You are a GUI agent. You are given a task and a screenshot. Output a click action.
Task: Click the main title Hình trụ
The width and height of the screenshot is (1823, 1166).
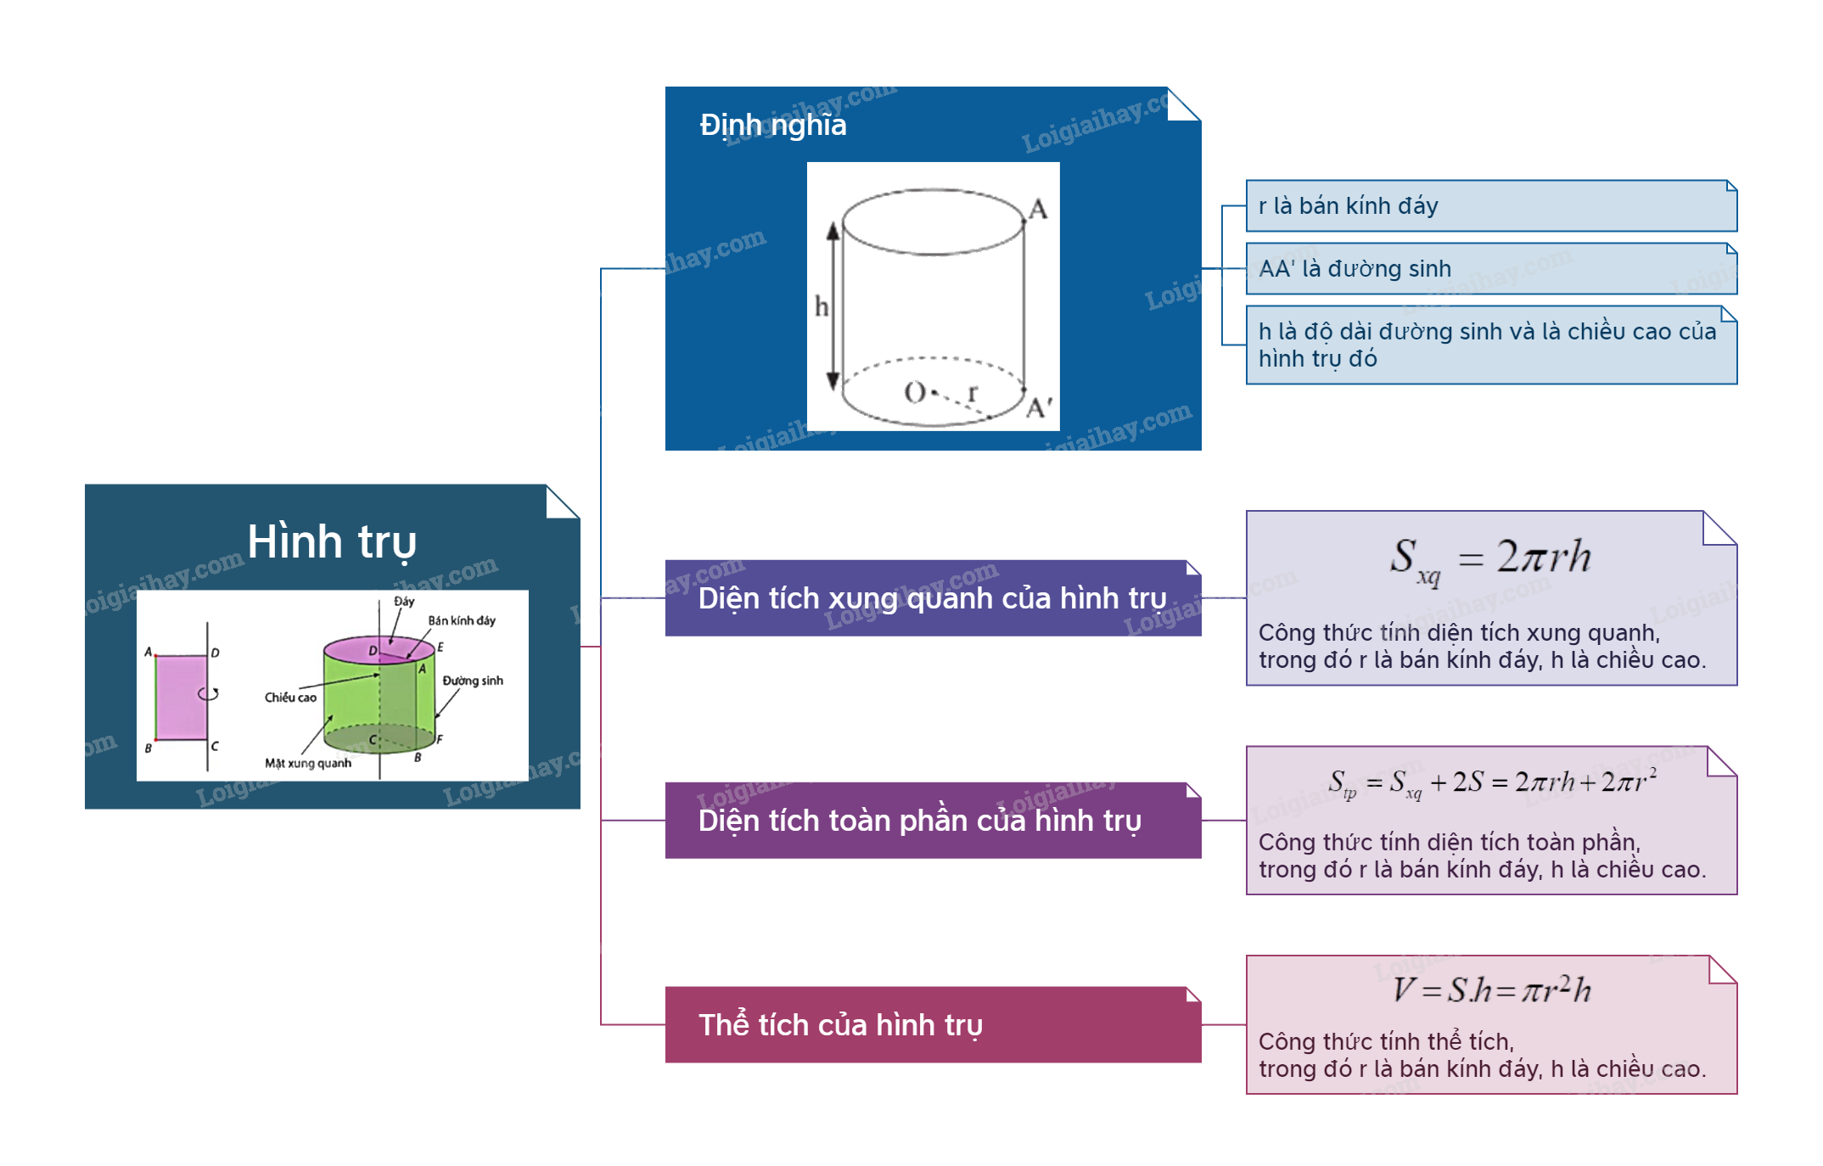click(332, 541)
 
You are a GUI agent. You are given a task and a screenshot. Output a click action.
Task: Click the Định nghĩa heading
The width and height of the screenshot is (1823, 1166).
click(772, 126)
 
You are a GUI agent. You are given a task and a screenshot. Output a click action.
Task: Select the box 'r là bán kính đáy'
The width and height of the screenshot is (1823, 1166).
click(1490, 205)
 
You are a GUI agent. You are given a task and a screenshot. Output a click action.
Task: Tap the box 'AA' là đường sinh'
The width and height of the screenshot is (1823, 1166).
click(1490, 268)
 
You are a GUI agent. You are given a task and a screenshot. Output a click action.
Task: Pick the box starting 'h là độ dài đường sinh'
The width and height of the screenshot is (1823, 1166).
click(1490, 345)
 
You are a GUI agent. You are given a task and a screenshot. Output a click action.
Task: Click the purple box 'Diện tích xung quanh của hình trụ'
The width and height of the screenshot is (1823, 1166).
click(932, 598)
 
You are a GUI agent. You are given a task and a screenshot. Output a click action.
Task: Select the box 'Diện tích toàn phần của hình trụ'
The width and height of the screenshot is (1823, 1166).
click(932, 821)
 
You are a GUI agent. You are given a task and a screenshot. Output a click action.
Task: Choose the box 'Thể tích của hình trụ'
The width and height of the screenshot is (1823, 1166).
click(932, 1025)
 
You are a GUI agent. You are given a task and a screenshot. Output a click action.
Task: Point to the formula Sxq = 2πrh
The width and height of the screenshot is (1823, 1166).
click(1490, 559)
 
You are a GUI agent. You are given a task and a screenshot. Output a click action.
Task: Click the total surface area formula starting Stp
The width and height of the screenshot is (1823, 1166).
click(1490, 782)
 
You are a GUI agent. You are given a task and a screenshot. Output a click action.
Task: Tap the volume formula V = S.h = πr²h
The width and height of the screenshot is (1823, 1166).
click(1490, 989)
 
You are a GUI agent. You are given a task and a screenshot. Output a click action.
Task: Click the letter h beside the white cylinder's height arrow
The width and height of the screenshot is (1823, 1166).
click(821, 306)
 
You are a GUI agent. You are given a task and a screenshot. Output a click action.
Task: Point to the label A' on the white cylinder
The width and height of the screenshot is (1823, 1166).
click(1039, 408)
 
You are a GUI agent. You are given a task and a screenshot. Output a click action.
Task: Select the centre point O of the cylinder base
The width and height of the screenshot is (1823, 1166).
click(915, 392)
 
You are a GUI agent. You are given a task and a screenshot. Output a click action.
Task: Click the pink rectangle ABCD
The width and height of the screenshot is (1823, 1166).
click(182, 697)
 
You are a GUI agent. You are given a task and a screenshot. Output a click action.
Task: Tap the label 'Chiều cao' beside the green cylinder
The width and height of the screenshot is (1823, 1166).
click(290, 698)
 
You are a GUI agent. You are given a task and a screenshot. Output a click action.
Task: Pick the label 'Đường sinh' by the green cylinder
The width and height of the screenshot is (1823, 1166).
click(473, 681)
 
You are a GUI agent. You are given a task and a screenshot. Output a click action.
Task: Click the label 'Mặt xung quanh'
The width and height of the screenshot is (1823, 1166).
click(308, 763)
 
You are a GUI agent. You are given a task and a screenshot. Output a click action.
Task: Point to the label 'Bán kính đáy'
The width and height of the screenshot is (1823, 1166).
click(462, 620)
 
